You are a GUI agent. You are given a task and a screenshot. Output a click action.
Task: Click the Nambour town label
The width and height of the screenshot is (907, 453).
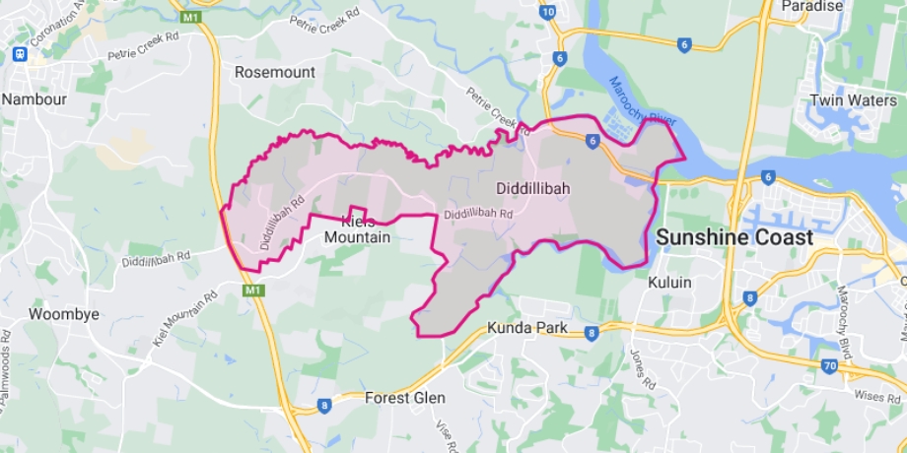[x=35, y=98]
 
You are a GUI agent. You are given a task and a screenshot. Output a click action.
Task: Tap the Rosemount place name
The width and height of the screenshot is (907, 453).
[x=274, y=72]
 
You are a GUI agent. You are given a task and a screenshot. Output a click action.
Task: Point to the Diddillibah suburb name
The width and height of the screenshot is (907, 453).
[x=532, y=186]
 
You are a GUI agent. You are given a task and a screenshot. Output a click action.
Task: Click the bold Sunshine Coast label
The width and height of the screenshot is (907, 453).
[x=734, y=237]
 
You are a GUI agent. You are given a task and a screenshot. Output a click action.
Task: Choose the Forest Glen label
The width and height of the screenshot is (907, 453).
[x=404, y=398]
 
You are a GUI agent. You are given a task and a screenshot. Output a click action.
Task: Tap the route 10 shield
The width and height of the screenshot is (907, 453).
[x=547, y=12]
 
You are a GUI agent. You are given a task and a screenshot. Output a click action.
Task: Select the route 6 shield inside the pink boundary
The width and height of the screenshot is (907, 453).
[x=592, y=142]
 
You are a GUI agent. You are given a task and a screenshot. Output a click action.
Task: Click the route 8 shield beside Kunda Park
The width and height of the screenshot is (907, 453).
[x=590, y=333]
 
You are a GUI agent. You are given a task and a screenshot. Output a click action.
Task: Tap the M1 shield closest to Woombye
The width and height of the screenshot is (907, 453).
[x=253, y=291]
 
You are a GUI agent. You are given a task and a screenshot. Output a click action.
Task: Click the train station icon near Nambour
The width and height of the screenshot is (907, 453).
[x=18, y=54]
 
